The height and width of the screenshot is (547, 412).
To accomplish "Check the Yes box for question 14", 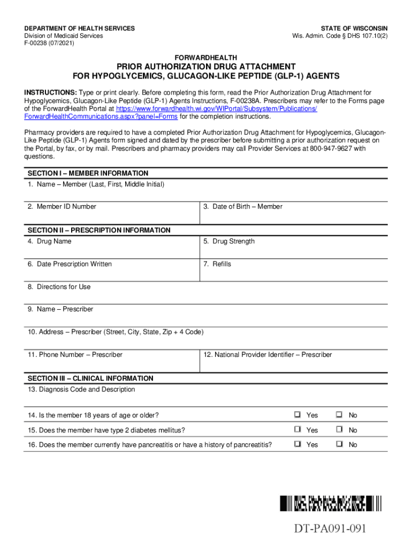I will point(297,415).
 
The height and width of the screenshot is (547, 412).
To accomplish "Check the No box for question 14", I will point(339,415).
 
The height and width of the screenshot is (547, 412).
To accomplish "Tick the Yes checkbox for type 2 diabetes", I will point(297,430).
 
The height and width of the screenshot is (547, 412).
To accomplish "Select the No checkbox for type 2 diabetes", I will point(339,430).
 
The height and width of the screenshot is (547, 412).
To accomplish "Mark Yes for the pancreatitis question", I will point(297,444).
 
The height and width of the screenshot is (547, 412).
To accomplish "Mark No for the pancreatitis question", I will point(339,444).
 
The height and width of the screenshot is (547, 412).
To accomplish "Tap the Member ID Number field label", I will point(62,207).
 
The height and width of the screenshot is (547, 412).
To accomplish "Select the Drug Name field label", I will point(49,241).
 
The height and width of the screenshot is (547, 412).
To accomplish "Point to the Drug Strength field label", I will point(228,241).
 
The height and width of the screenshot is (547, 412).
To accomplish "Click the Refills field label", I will point(217,264).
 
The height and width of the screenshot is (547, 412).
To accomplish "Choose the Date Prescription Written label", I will point(70,264).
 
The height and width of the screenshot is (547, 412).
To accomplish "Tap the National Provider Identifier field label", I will point(268,355).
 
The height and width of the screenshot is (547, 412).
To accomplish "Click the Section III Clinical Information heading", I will point(90,378).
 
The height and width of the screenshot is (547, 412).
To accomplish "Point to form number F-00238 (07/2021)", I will point(49,43).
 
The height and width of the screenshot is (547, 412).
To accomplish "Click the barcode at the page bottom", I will point(331,503).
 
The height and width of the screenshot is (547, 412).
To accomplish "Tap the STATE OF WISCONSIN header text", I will point(354,28).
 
